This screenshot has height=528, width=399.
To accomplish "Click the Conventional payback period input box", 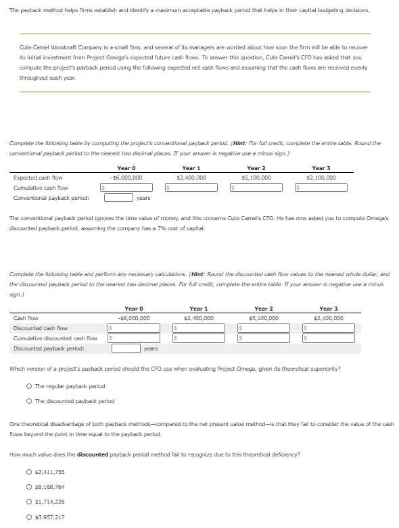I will coord(118,198).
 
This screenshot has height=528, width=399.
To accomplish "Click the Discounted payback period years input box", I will coord(126,348).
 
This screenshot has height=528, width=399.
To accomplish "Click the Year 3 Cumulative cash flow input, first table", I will coord(323,187).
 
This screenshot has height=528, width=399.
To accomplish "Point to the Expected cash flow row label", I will coord(38,178).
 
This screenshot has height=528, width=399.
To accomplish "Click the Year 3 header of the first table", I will coord(321,168).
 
